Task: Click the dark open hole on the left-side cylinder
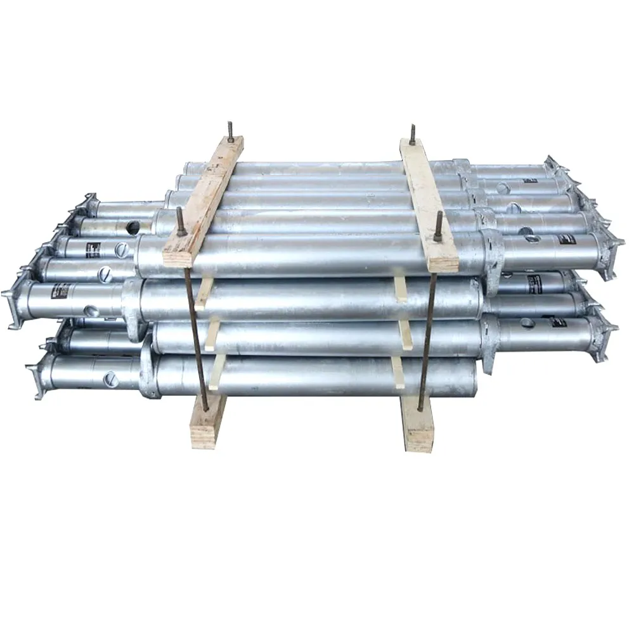pyautogui.click(x=133, y=227)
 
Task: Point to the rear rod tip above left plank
pyautogui.click(x=231, y=131)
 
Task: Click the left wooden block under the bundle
pyautogui.click(x=209, y=422)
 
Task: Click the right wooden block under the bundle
pyautogui.click(x=418, y=424)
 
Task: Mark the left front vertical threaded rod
pyautogui.click(x=197, y=330)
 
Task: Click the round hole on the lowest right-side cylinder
pyautogui.click(x=527, y=323)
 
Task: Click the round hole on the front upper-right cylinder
pyautogui.click(x=532, y=238)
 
